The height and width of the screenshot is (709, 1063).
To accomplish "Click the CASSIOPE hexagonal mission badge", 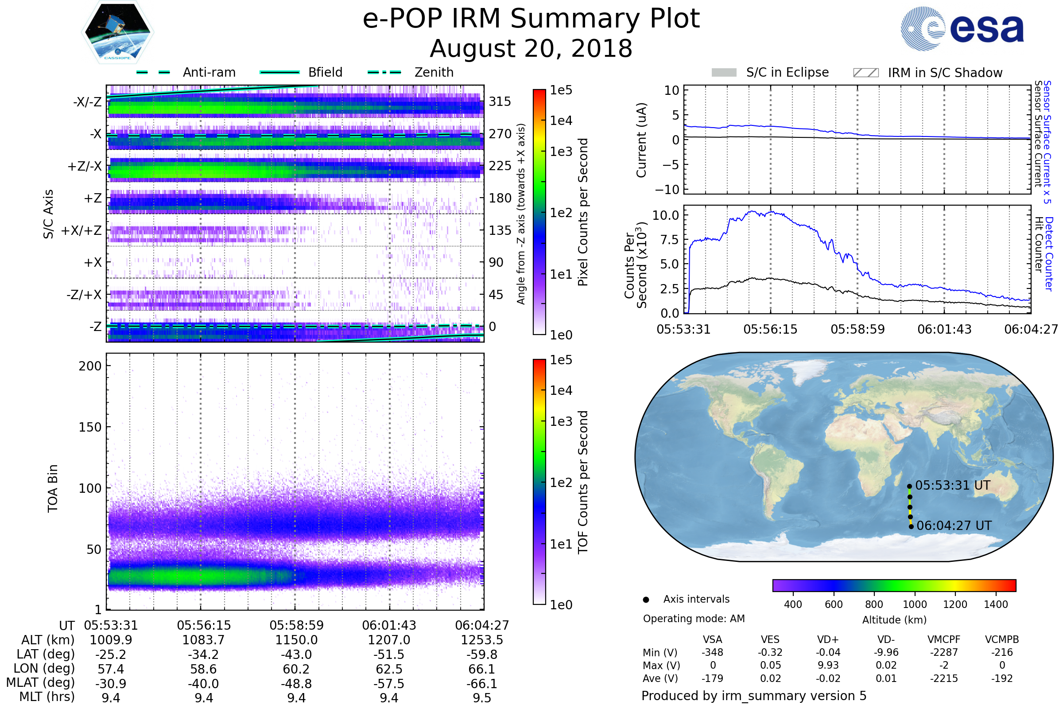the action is [117, 32].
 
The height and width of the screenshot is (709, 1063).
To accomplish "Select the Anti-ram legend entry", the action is [186, 72].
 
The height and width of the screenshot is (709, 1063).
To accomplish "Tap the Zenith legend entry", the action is [411, 72].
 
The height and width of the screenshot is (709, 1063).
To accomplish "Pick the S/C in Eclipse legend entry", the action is [770, 73].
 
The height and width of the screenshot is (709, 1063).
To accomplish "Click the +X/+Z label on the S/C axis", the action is [81, 230].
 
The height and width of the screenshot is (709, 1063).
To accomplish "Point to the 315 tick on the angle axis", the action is [500, 101].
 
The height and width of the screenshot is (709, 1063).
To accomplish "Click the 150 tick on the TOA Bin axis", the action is [90, 427].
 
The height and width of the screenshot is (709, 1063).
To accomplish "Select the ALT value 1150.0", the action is [296, 640].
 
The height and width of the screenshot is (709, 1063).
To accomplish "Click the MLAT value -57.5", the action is [389, 684].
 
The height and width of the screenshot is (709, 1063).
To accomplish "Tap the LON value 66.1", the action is [482, 669].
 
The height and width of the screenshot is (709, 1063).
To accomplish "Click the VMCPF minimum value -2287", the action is [944, 652].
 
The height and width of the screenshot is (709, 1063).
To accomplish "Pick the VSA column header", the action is [712, 640].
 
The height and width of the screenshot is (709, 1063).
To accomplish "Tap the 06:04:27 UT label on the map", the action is [954, 526].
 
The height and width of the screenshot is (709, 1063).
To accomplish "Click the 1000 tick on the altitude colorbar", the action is [915, 604].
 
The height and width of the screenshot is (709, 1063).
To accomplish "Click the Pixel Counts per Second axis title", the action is [583, 212].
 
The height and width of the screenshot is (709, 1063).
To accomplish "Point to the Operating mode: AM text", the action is [694, 619].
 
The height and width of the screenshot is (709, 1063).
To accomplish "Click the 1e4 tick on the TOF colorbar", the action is [561, 390].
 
